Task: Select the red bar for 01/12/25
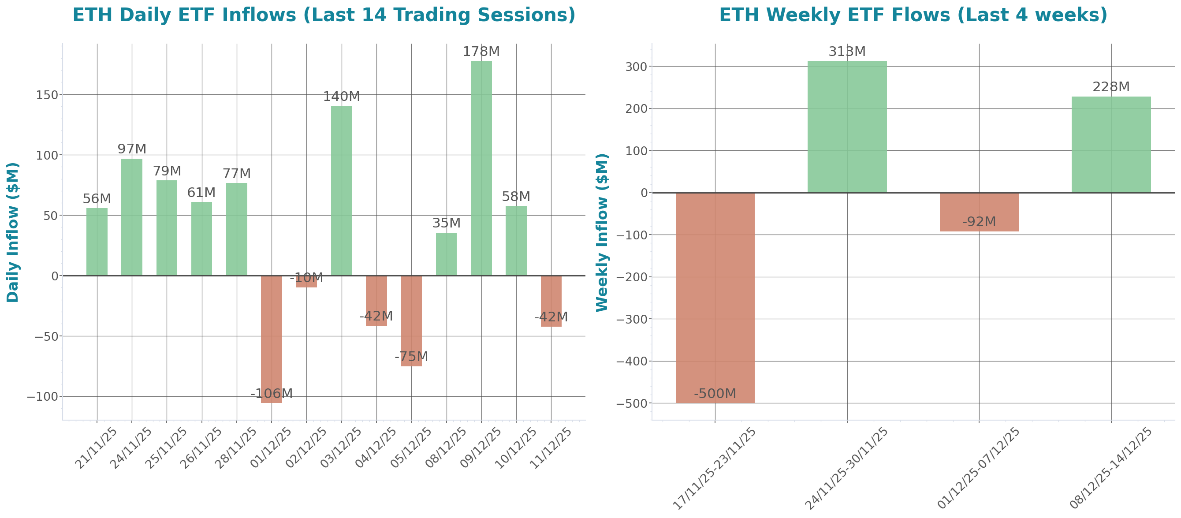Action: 272,339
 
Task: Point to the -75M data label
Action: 411,356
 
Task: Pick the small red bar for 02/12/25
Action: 306,282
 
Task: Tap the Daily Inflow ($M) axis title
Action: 13,232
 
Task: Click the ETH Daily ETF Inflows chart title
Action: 324,15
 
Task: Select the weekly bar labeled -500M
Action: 715,298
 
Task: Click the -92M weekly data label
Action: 979,222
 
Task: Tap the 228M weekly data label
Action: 1111,87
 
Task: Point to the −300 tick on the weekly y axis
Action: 631,319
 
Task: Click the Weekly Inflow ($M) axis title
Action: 601,232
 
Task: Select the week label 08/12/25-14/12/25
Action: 1110,468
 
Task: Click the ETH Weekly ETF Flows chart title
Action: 913,15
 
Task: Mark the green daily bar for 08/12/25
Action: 446,254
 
